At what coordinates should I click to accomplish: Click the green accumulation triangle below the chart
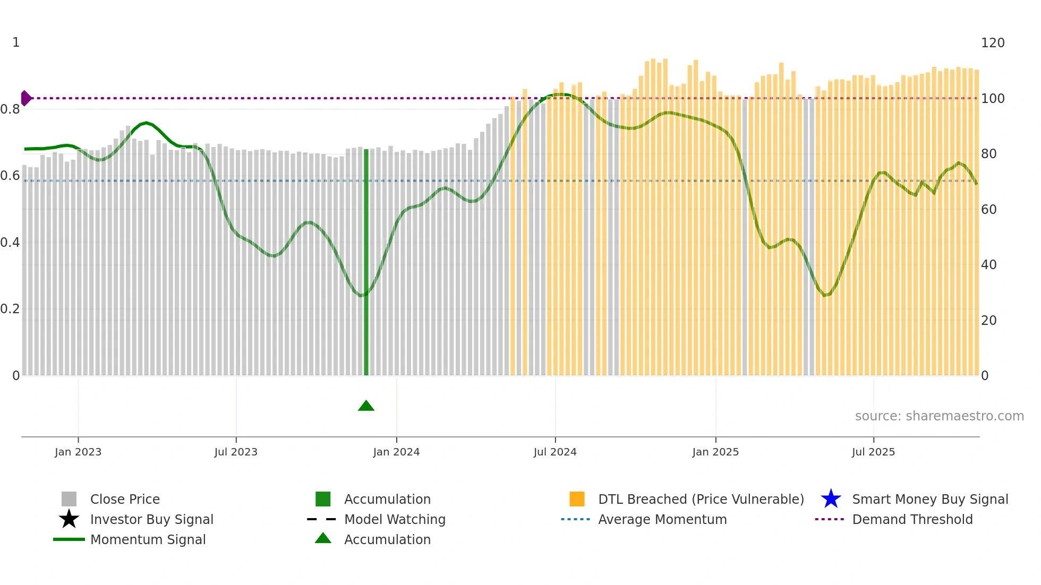pyautogui.click(x=366, y=406)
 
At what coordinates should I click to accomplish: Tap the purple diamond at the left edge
pyautogui.click(x=25, y=98)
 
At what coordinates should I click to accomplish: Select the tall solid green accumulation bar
pyautogui.click(x=366, y=262)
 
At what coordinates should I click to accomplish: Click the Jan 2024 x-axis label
pyautogui.click(x=396, y=452)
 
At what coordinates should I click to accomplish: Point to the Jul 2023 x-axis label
pyautogui.click(x=236, y=452)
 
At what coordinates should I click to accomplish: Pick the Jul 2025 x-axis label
pyautogui.click(x=873, y=452)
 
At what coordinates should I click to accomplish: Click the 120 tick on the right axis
pyautogui.click(x=993, y=43)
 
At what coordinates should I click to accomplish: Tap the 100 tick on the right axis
pyautogui.click(x=993, y=99)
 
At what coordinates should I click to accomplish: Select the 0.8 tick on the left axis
pyautogui.click(x=10, y=109)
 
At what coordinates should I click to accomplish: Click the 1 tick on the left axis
pyautogui.click(x=16, y=42)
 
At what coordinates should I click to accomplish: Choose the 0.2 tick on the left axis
pyautogui.click(x=10, y=309)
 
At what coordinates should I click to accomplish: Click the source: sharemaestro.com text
pyautogui.click(x=939, y=416)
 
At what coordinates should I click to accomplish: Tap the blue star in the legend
pyautogui.click(x=831, y=499)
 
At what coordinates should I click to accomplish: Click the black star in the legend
pyautogui.click(x=69, y=519)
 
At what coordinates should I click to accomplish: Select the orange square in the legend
pyautogui.click(x=577, y=499)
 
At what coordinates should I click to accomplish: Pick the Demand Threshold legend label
pyautogui.click(x=912, y=519)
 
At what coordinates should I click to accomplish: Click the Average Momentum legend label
pyautogui.click(x=662, y=519)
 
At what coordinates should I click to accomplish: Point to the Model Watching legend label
pyautogui.click(x=395, y=519)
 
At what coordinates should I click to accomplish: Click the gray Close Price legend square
pyautogui.click(x=69, y=499)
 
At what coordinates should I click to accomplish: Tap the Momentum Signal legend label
pyautogui.click(x=148, y=539)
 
